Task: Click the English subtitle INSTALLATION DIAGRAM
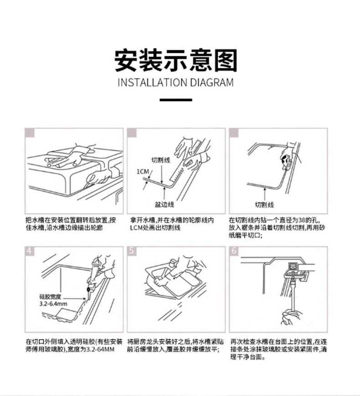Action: coord(175,82)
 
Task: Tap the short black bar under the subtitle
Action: coord(175,100)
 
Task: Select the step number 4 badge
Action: coord(30,251)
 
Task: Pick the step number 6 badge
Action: coord(234,251)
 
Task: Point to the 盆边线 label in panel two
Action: coord(165,203)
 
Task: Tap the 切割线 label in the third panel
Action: coord(264,204)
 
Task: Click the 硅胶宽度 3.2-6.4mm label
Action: coord(52,300)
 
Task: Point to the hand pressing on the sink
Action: coord(68,157)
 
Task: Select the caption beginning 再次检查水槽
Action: coord(278,349)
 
